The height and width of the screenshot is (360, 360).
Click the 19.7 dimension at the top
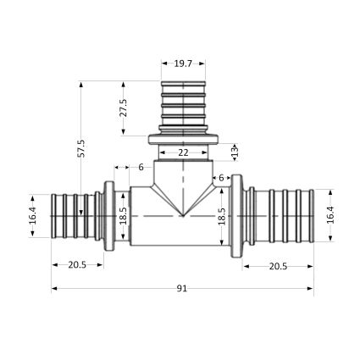click(x=183, y=64)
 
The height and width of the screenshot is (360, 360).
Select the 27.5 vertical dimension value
click(x=123, y=108)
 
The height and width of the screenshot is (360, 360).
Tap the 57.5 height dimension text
click(x=81, y=148)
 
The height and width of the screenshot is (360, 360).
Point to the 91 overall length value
click(x=182, y=288)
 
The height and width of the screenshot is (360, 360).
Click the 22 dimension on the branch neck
click(x=183, y=152)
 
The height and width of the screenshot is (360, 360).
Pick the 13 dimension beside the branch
click(x=235, y=152)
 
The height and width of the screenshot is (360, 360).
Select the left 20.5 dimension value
click(x=77, y=265)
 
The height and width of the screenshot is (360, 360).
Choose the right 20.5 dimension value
click(x=278, y=266)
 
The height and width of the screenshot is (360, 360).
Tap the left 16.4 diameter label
click(x=32, y=215)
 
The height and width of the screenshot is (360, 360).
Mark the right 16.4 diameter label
click(x=330, y=215)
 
